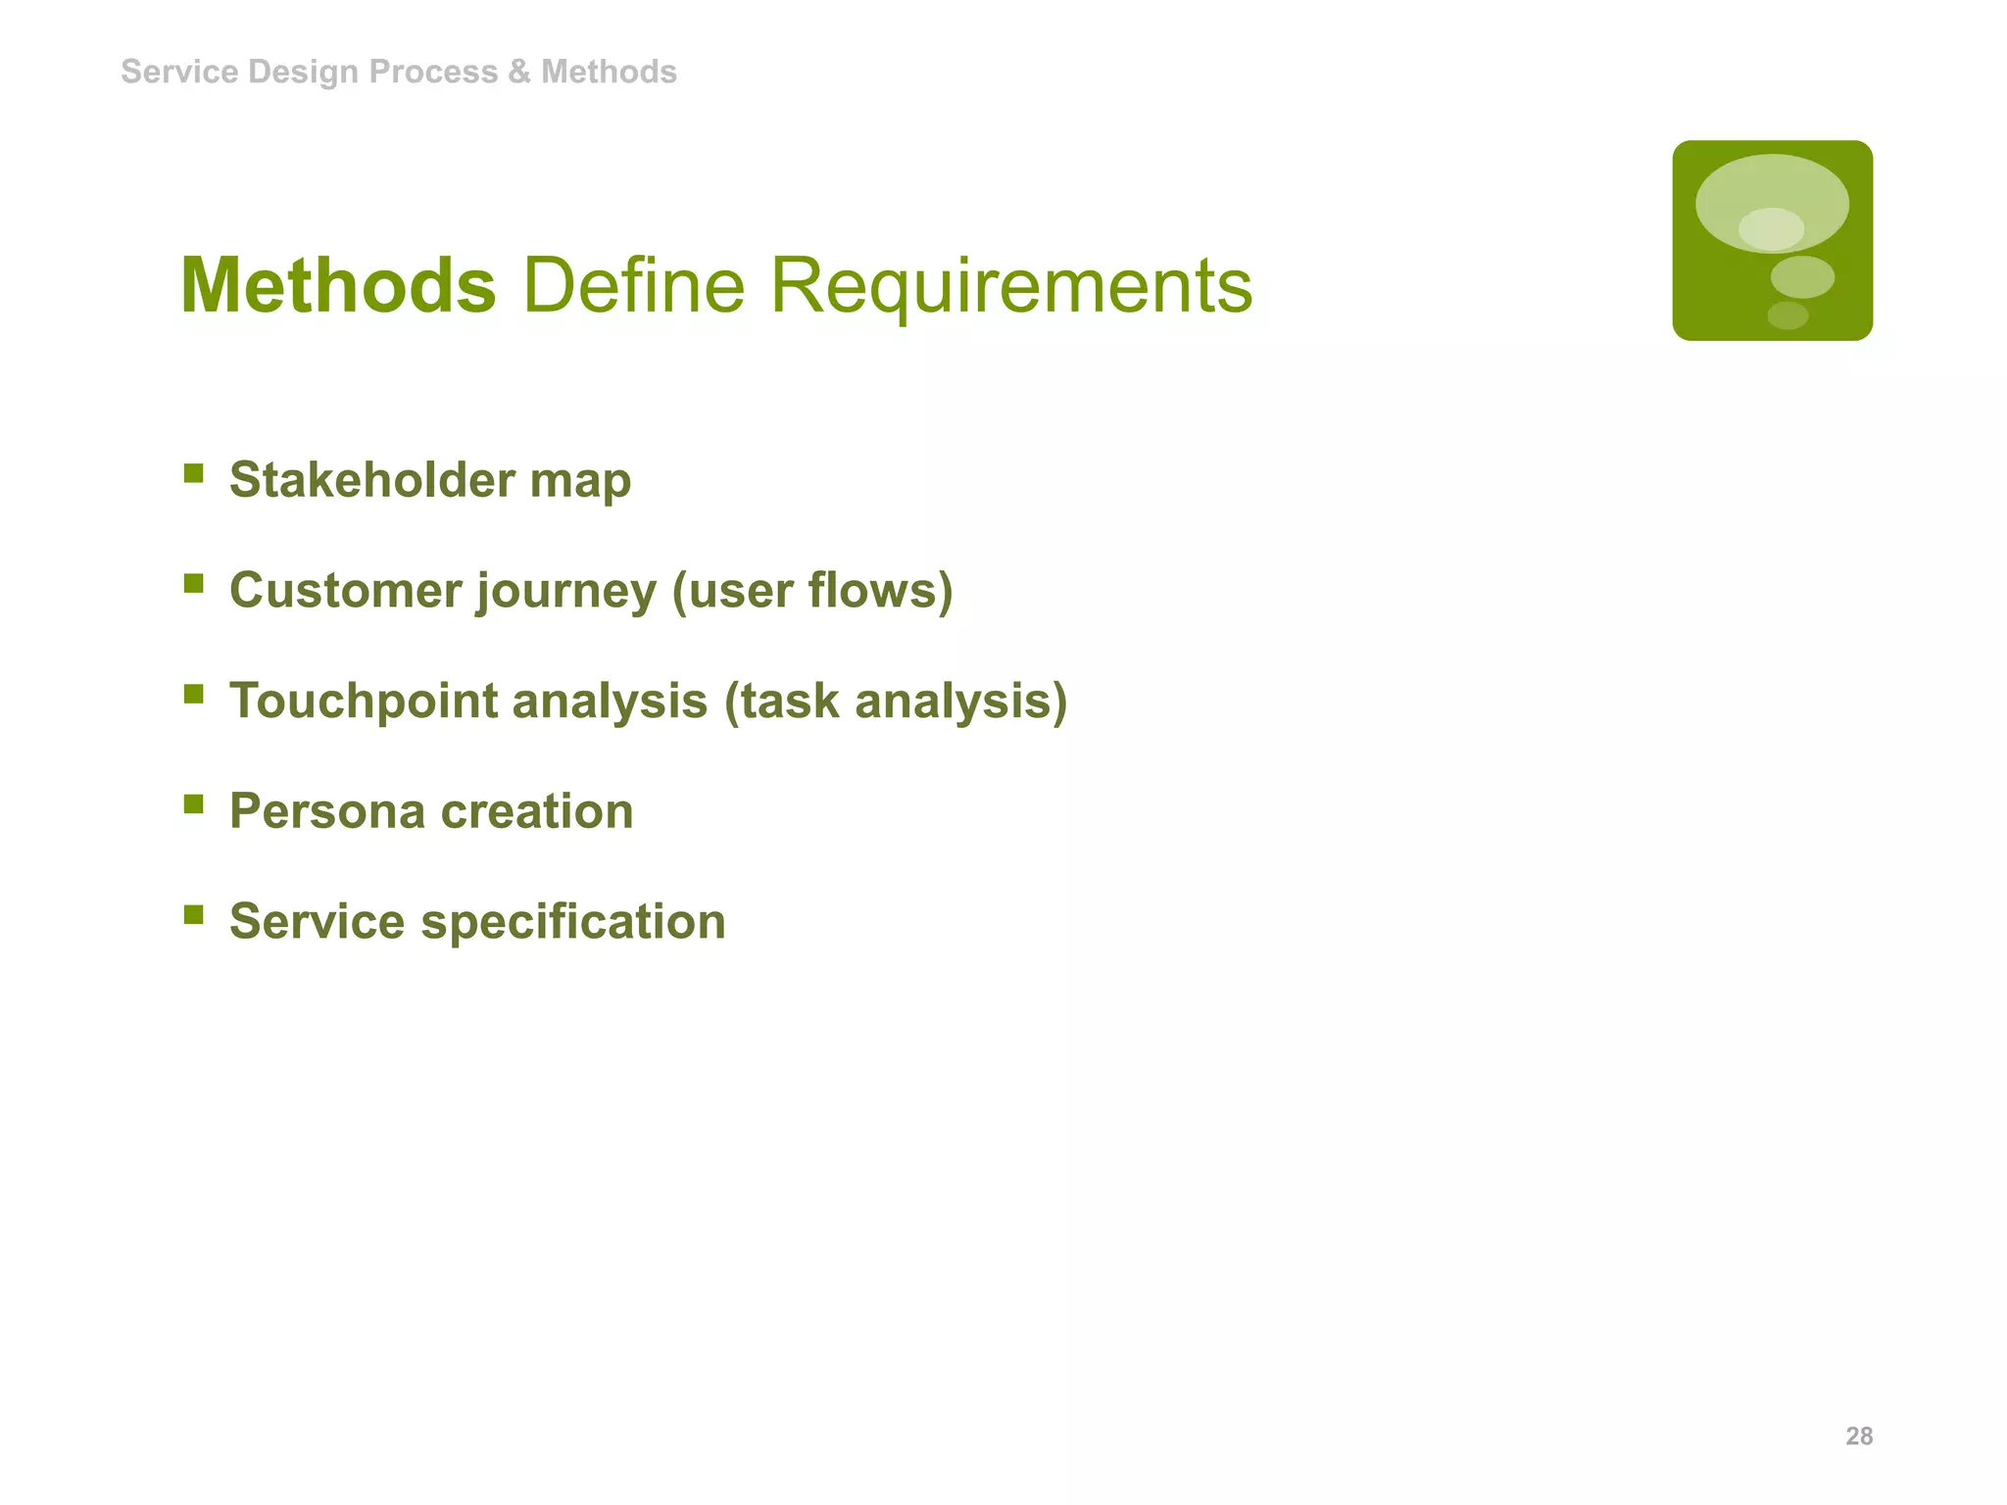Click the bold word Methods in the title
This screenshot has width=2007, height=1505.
338,286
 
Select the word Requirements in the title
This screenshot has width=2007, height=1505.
1010,286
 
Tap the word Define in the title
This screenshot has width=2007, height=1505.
634,286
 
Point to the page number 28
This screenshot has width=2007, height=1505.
1858,1436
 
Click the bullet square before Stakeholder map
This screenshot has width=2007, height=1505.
194,474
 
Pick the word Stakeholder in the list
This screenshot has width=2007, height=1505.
371,480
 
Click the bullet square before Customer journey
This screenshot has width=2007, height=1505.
194,584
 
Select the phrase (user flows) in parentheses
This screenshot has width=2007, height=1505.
812,591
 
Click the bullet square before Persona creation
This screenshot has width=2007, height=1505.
194,804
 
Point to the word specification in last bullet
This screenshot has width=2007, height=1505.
573,922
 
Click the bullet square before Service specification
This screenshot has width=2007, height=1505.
194,915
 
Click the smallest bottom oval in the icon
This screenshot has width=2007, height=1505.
1787,316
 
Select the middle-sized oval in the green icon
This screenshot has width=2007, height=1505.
1802,277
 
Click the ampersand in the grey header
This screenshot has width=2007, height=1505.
518,72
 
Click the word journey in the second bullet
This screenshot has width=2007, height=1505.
566,591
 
